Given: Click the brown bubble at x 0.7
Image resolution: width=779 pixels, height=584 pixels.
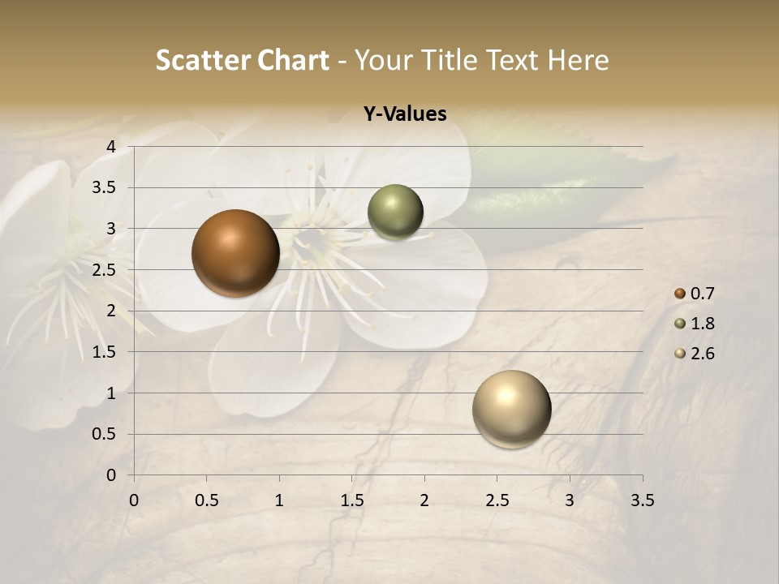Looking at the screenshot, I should (x=236, y=253).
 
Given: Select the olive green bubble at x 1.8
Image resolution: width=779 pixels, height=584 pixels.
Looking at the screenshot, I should (x=395, y=213).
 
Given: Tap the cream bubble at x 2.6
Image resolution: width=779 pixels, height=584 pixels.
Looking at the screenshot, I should (x=511, y=409).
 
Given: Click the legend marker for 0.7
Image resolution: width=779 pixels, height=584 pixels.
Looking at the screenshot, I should (x=680, y=294).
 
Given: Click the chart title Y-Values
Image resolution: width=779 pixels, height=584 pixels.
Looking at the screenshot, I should (x=405, y=114).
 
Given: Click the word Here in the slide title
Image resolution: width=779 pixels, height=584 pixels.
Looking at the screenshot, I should (x=578, y=60).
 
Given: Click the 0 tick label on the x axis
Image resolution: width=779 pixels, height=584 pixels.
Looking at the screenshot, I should (x=134, y=500).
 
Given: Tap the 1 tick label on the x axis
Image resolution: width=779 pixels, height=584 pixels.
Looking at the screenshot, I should (x=279, y=500).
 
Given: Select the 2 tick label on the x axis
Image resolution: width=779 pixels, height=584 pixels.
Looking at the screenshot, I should (x=424, y=500).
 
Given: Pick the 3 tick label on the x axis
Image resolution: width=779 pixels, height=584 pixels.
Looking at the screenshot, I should (x=570, y=500).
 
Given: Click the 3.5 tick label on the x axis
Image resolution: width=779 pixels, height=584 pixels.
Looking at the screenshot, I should (x=642, y=500).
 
